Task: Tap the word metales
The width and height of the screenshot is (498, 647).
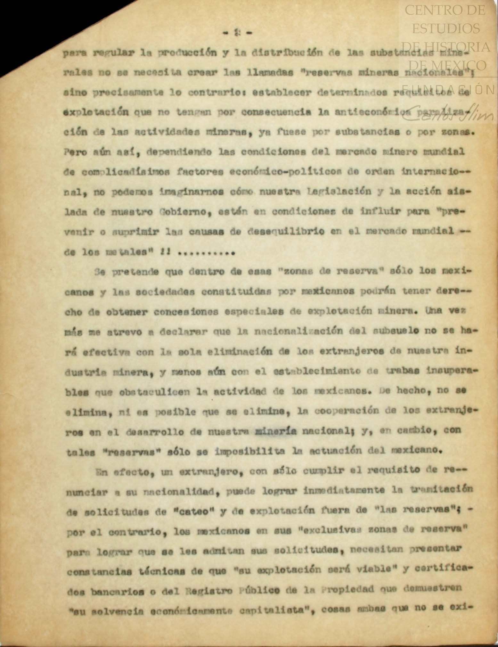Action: [x=128, y=252]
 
